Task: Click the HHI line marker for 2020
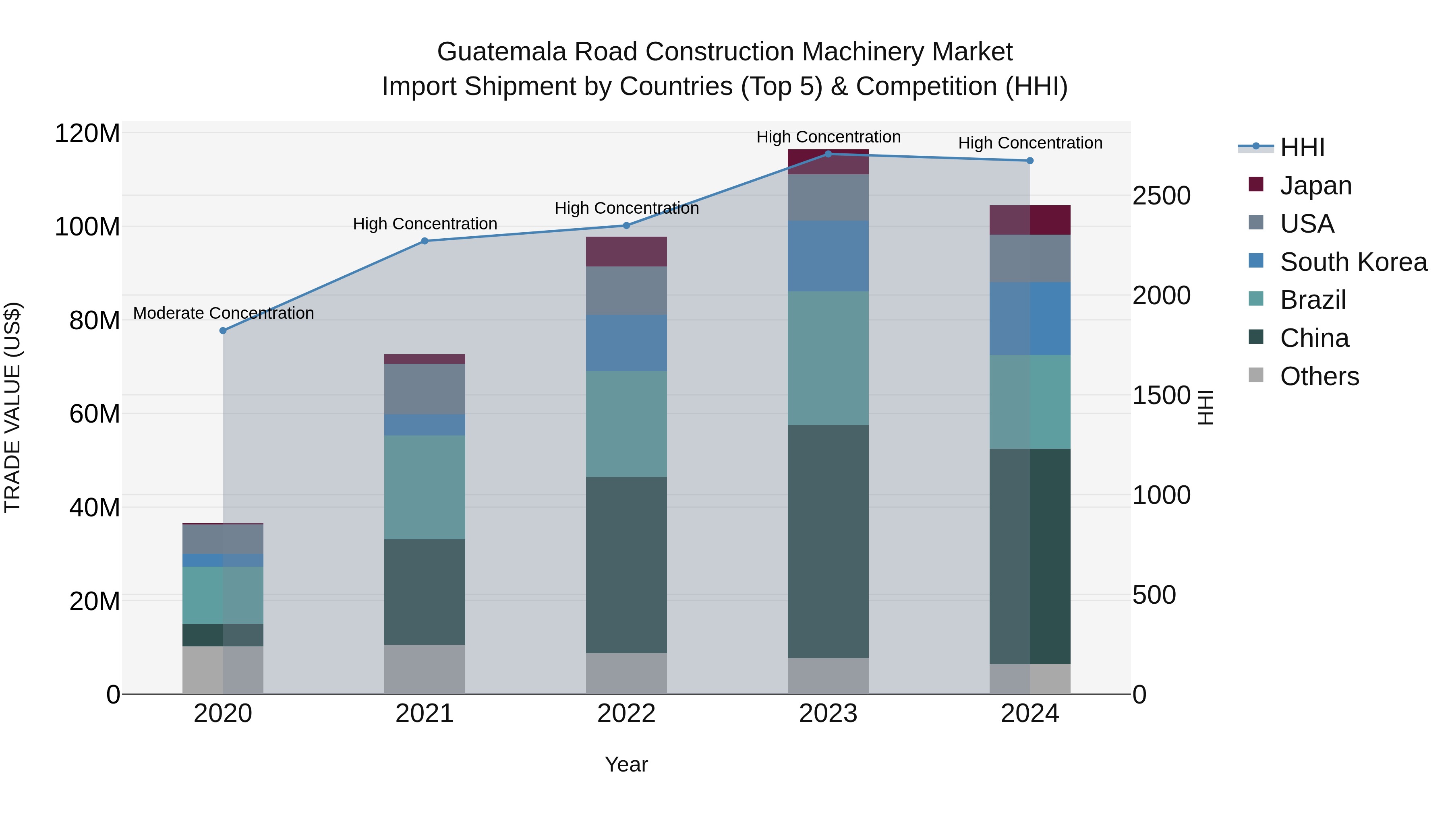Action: pos(223,331)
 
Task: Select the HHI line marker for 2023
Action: pos(828,154)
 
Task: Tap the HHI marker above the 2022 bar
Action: pos(626,225)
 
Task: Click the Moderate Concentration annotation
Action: pos(224,313)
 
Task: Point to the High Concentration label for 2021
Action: pos(425,224)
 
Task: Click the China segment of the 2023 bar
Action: pos(828,541)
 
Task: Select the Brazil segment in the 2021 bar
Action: pos(425,487)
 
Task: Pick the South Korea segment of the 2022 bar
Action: pos(626,343)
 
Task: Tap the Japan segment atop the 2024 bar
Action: pos(1030,220)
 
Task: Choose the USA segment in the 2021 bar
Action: pos(425,389)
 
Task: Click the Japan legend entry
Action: pos(1315,186)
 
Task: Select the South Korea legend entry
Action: pos(1353,262)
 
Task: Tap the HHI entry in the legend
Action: pos(1302,147)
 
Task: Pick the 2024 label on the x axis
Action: pos(1029,714)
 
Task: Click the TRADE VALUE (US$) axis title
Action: pos(12,407)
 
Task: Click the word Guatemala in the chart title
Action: pos(501,52)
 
